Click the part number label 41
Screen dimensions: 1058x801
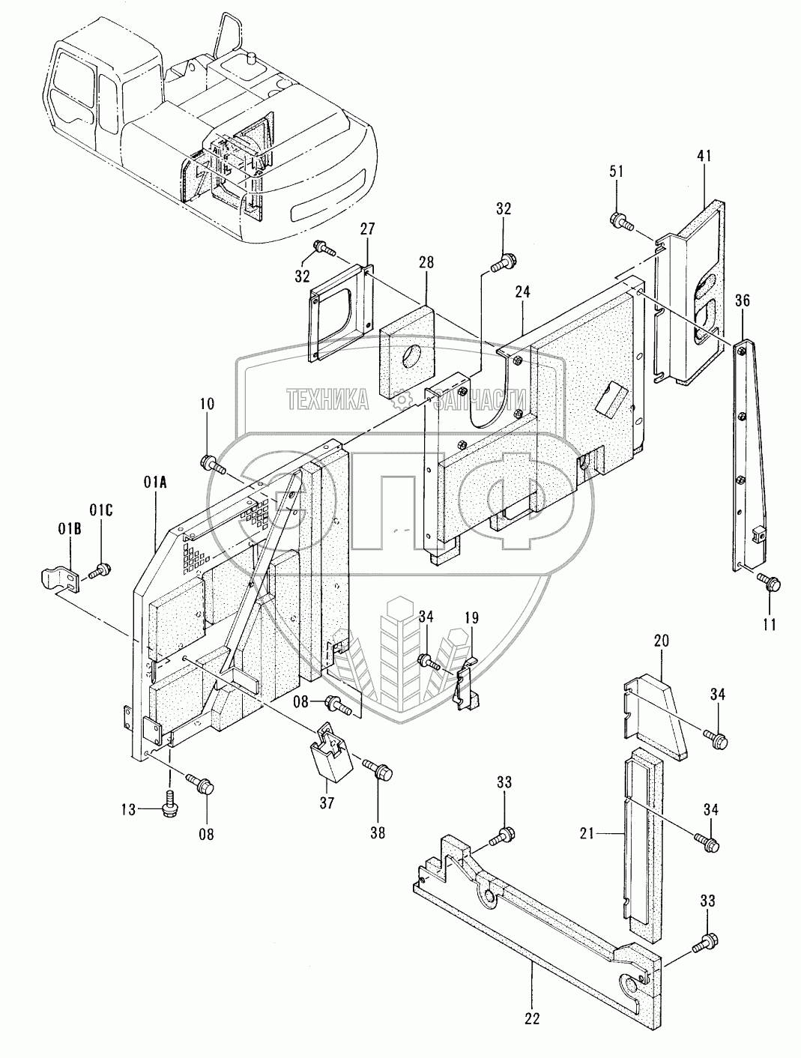[704, 156]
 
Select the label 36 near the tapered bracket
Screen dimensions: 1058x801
[742, 302]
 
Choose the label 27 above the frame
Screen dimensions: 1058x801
[366, 229]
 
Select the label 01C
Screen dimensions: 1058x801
[101, 511]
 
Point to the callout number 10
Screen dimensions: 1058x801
[207, 403]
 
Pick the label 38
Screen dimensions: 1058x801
[377, 831]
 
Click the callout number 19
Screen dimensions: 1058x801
[471, 617]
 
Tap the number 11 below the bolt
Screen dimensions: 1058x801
[768, 623]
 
